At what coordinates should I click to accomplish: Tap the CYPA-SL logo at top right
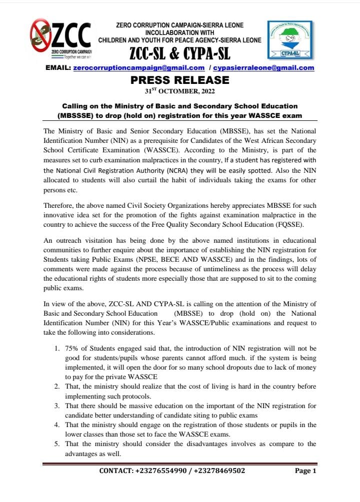pyautogui.click(x=289, y=40)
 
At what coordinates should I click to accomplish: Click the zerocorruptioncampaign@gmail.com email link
pyautogui.click(x=138, y=67)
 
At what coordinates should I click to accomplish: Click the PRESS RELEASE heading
pyautogui.click(x=180, y=80)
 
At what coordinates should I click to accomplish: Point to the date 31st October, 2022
pyautogui.click(x=180, y=91)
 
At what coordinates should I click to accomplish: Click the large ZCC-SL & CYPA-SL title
pyautogui.click(x=179, y=52)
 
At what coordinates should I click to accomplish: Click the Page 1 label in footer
pyautogui.click(x=305, y=471)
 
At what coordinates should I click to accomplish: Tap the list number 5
pyautogui.click(x=57, y=444)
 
